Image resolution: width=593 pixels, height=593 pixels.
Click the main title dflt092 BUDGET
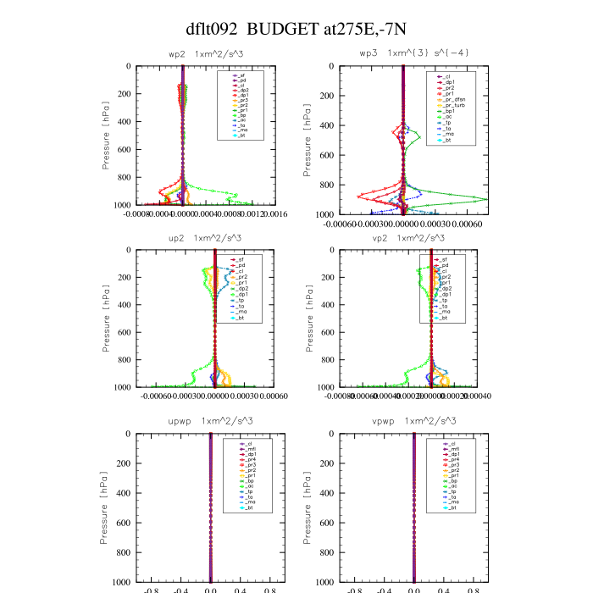tap(296, 29)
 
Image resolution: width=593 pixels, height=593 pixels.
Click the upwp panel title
tap(201, 421)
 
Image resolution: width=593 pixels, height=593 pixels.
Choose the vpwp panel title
tap(404, 421)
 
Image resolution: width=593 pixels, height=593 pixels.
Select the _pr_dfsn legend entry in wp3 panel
tap(452, 99)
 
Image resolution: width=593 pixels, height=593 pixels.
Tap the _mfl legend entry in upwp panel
tap(241, 449)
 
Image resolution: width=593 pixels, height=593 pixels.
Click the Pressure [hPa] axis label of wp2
tap(107, 136)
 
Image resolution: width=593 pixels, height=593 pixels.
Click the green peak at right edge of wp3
tap(485, 199)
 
